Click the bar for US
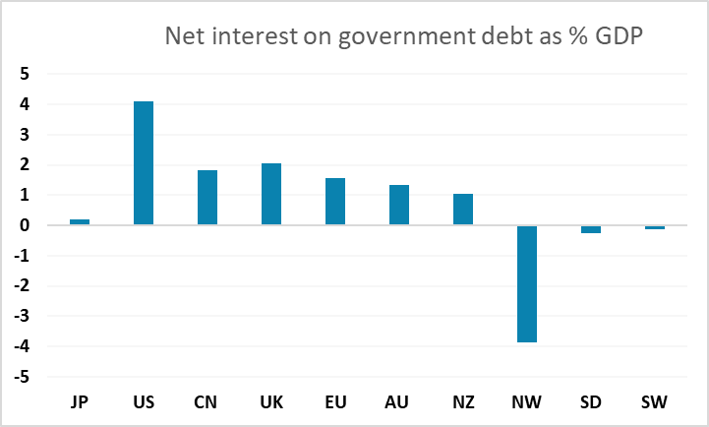[144, 163]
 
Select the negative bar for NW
[527, 283]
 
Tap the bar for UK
[271, 194]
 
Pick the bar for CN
[207, 198]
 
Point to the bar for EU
[335, 202]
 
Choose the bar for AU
[399, 205]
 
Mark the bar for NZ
[463, 210]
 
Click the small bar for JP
[80, 222]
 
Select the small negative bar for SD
[591, 229]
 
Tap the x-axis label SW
[655, 402]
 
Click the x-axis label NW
[527, 402]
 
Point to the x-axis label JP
[80, 402]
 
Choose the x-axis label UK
[271, 402]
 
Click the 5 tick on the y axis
[26, 74]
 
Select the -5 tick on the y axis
[24, 377]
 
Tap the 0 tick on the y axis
[26, 225]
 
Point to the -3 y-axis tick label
[24, 316]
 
